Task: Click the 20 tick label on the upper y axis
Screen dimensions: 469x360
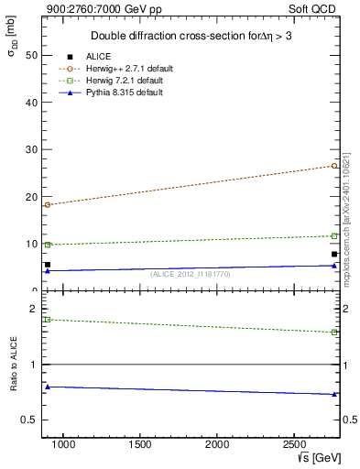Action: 33,197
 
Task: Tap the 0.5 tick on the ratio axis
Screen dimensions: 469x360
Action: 31,420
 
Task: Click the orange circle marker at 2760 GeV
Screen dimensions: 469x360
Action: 334,166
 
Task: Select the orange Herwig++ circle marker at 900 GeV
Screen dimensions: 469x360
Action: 48,204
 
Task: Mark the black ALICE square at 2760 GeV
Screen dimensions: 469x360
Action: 334,254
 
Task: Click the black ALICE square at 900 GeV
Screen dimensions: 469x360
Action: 48,265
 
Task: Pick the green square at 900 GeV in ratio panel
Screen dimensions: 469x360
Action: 48,320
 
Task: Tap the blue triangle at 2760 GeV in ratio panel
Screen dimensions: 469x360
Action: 334,394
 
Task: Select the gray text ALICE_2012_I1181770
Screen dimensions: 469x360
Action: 191,274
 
